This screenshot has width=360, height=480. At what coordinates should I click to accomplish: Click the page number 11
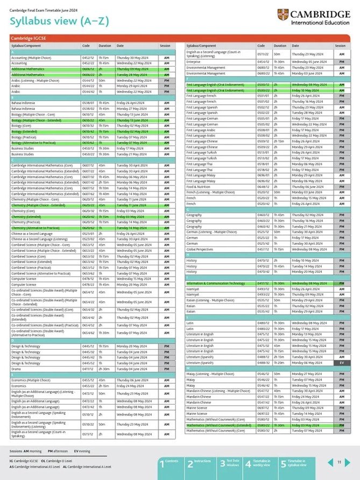pos(340,462)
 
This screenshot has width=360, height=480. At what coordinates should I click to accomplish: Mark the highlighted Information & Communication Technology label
pos(215,283)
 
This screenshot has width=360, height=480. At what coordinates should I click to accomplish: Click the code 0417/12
pos(263,283)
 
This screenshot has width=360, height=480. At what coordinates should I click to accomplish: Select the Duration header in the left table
pos(105,46)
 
